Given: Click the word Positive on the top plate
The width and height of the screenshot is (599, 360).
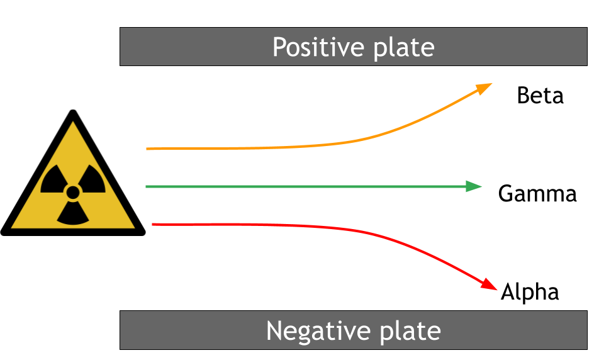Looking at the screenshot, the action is (318, 47).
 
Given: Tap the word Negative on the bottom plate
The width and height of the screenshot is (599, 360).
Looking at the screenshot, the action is (318, 330).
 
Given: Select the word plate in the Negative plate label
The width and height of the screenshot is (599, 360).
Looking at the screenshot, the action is (410, 331).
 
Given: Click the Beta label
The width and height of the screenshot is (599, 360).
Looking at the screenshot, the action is (540, 96).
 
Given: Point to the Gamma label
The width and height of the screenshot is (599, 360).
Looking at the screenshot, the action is (537, 193).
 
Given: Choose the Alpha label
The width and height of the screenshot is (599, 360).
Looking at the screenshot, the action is (530, 292).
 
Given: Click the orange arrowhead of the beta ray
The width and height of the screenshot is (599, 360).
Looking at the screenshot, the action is (484, 88).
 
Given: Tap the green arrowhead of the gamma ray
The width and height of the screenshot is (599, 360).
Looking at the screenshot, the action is (474, 186).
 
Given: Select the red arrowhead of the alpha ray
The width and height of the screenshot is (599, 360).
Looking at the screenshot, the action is (489, 284).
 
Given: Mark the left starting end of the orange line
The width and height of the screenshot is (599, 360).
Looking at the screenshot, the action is (147, 149).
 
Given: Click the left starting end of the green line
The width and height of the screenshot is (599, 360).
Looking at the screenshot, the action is (147, 186).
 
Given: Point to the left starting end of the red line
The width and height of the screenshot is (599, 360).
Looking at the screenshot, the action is (152, 224).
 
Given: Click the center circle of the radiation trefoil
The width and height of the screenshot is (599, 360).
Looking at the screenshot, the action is (73, 193).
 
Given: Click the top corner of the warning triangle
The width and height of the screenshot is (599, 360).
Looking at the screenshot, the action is (73, 111).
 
